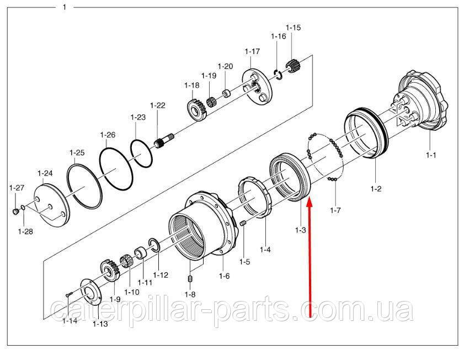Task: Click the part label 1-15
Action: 293,28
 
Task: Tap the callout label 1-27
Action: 17,187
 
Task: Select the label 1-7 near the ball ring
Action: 335,210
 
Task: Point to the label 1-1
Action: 431,155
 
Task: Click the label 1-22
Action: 158,105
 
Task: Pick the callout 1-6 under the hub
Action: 224,276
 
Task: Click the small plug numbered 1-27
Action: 16,211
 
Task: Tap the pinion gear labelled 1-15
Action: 294,66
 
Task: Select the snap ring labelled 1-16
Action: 278,75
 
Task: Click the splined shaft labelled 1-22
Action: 164,141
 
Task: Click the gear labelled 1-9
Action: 110,270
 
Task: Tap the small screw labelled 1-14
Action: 70,294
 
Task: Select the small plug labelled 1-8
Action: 190,279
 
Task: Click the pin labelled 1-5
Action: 243,223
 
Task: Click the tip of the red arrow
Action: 309,199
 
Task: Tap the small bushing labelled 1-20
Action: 227,93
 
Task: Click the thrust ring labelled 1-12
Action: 154,245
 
